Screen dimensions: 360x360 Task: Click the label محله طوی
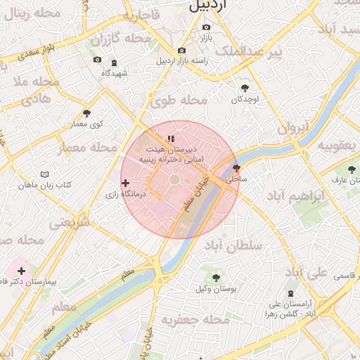[179, 101]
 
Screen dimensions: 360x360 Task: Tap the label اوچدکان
[245, 100]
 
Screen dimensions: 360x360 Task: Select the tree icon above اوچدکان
[245, 88]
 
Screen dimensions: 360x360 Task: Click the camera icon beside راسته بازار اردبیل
[182, 50]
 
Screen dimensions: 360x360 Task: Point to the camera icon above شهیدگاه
[97, 60]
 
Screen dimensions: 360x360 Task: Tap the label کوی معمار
[86, 124]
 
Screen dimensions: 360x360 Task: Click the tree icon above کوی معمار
[86, 112]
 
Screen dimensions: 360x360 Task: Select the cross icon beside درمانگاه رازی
[126, 183]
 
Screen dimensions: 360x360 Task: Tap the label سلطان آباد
[233, 245]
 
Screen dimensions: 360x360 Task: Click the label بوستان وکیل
[216, 289]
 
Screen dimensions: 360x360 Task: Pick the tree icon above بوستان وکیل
[216, 278]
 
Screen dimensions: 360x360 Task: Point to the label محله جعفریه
[195, 320]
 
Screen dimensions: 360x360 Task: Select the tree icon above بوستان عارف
[352, 169]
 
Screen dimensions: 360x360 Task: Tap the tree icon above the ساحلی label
[236, 168]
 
